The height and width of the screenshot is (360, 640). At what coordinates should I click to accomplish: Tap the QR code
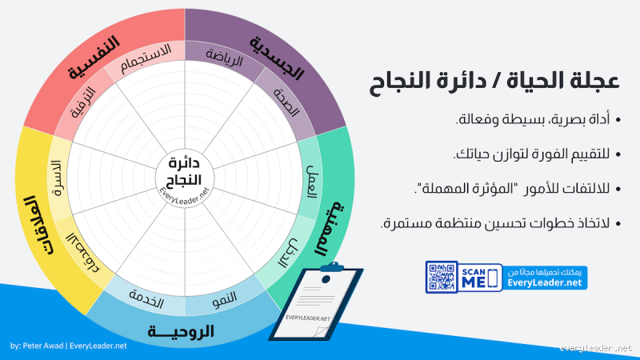point(442,277)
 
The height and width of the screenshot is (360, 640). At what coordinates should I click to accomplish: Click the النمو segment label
point(225,301)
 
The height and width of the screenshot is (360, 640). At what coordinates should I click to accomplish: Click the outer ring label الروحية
point(185,330)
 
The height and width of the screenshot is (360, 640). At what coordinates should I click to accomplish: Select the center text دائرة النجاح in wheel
point(185,169)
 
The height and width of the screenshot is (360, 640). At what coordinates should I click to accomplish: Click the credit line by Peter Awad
point(69,346)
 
